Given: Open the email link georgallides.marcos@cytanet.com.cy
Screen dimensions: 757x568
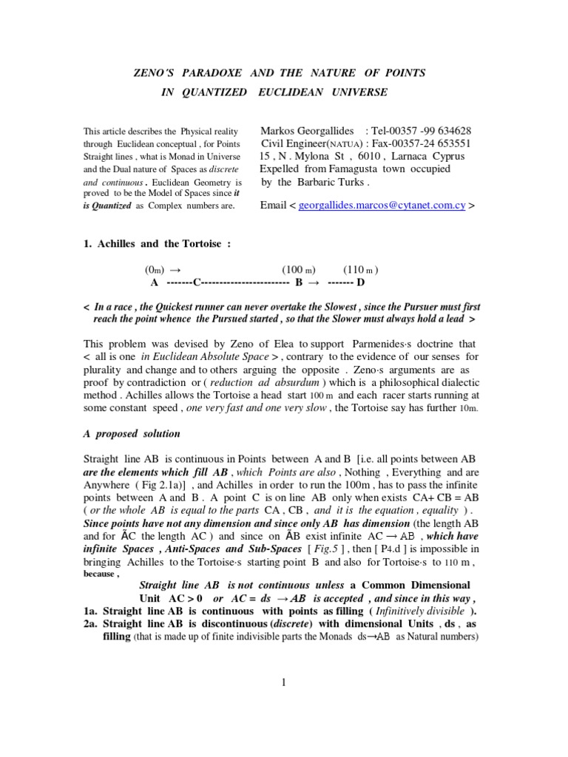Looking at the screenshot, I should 382,206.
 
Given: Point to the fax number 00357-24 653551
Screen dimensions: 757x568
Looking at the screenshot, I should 428,143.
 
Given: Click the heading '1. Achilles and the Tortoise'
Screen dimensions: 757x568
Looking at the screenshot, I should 158,245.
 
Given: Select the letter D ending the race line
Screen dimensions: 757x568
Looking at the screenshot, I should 361,282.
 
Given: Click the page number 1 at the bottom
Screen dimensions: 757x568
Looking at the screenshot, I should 283,682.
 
